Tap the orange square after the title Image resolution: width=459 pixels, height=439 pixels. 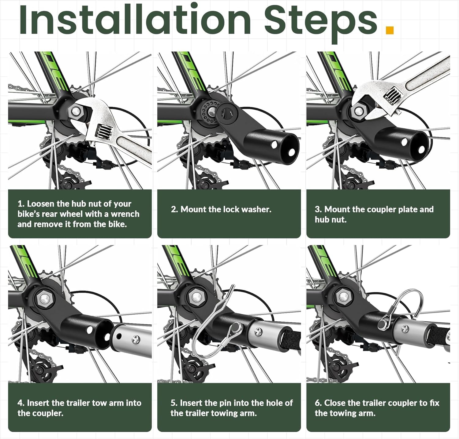click(x=390, y=30)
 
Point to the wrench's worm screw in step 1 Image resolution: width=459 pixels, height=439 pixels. click(x=102, y=132)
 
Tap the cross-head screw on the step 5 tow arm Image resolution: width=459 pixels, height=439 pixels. click(x=259, y=331)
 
